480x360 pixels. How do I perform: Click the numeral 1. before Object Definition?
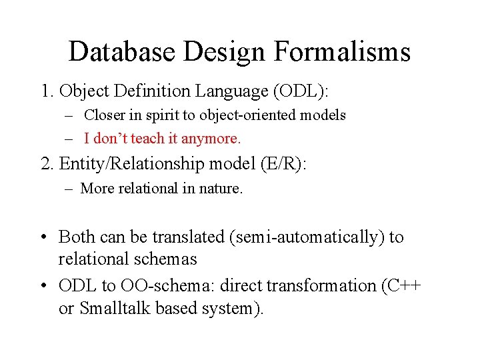click(x=47, y=91)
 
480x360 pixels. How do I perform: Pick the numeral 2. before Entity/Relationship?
click(x=48, y=164)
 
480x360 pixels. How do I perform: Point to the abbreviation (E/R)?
click(x=283, y=164)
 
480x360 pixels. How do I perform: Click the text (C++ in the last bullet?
click(x=401, y=286)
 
